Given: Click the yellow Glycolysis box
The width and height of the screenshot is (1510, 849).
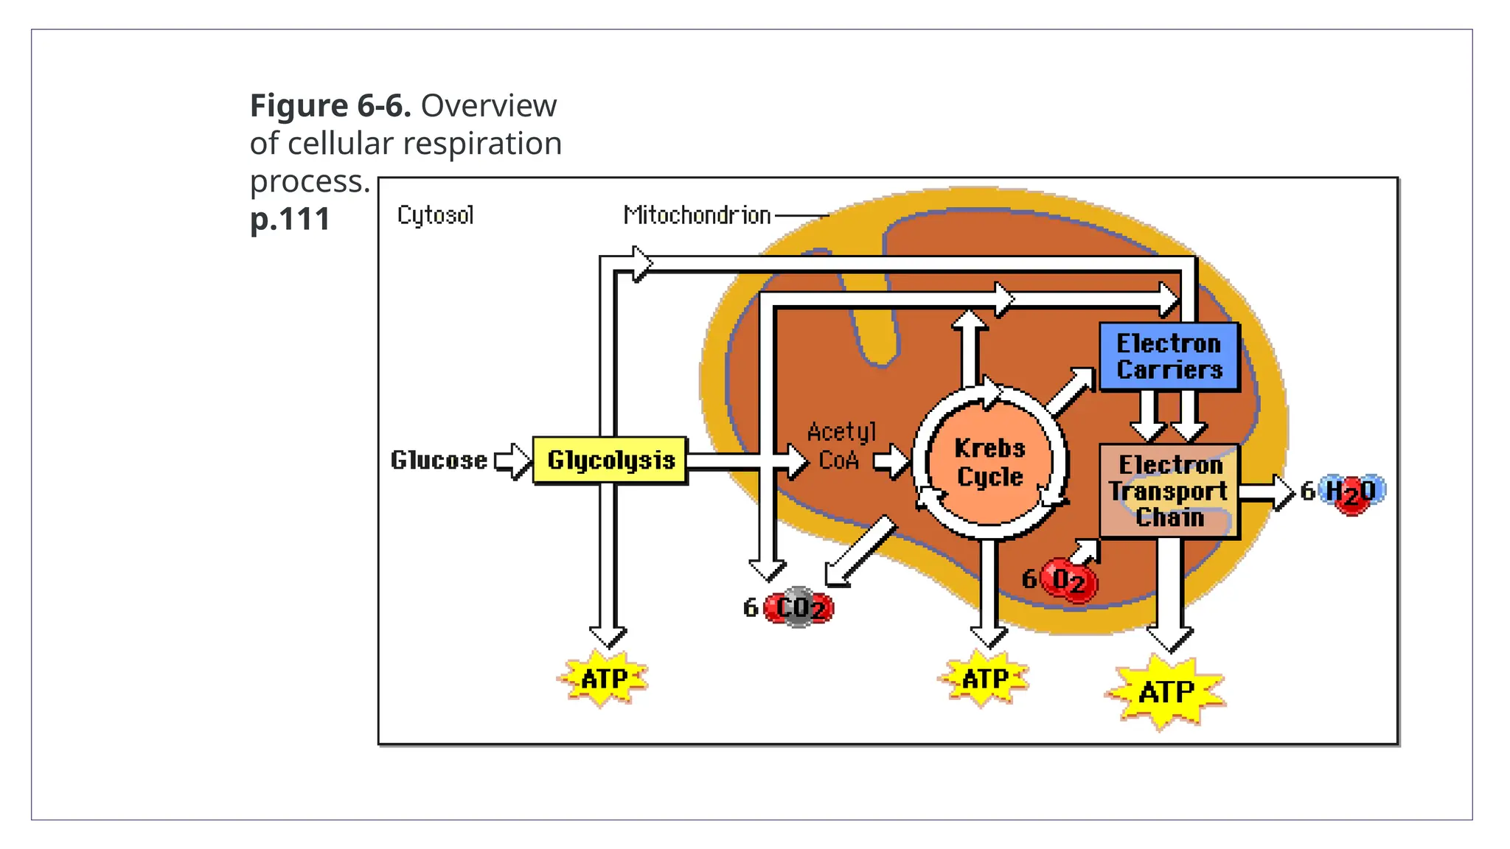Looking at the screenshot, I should (x=610, y=460).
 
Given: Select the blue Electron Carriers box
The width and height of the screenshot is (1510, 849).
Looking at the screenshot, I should (x=1169, y=357).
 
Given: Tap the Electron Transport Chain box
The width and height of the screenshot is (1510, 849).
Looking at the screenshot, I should (x=1169, y=491).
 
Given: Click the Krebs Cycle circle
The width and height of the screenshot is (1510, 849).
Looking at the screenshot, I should (x=989, y=463).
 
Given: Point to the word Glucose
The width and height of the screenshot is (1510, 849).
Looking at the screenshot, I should (x=439, y=460).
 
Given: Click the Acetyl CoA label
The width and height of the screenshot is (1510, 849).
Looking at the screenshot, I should (x=841, y=446).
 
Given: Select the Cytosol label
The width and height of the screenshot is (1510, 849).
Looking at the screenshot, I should (x=435, y=215).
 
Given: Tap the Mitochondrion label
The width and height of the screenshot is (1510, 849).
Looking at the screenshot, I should (x=697, y=215).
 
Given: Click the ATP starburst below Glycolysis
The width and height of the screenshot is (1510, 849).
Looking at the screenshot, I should (x=603, y=678).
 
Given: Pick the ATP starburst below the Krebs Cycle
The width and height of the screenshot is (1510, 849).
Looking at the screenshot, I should (x=984, y=678).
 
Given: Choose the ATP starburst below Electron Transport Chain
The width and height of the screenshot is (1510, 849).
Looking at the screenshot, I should (x=1166, y=691).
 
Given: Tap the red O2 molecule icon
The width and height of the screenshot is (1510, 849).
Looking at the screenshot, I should (x=1069, y=580).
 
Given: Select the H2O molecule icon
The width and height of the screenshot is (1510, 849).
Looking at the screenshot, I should (x=1351, y=492).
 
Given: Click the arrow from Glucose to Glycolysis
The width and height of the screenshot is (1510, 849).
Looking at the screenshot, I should (x=513, y=461).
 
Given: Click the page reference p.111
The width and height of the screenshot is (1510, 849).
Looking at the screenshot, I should (x=290, y=219).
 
